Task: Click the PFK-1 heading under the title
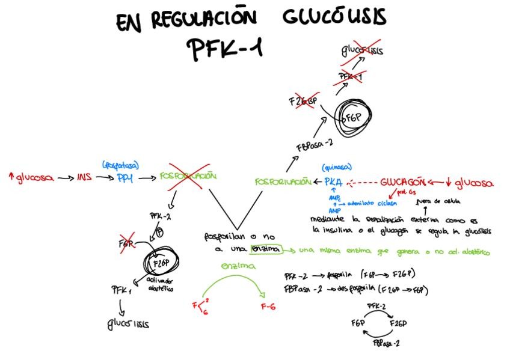point(224,50)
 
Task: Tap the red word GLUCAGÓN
point(404,182)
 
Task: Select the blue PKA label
point(333,182)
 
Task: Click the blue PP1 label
point(125,178)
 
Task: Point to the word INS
point(85,178)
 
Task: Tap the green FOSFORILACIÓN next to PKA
point(282,182)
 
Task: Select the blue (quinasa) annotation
point(337,168)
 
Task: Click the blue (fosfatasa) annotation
point(121,163)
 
